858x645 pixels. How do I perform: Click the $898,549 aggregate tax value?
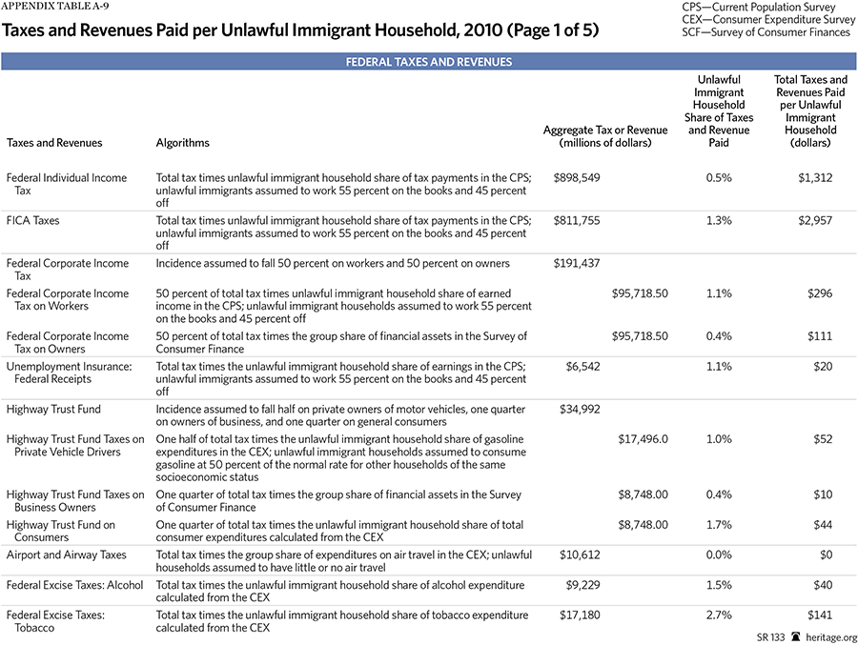point(576,178)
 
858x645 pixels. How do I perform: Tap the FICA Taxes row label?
point(32,221)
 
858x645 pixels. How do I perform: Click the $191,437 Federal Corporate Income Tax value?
point(576,263)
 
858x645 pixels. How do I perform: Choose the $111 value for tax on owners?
point(818,336)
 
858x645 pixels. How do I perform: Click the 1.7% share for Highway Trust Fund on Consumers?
point(720,525)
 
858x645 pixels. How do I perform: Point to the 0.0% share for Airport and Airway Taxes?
point(720,554)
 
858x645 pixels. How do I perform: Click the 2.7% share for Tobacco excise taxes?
point(720,615)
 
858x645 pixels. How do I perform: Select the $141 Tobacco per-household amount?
point(817,615)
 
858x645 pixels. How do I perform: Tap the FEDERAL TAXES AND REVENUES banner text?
point(429,62)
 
